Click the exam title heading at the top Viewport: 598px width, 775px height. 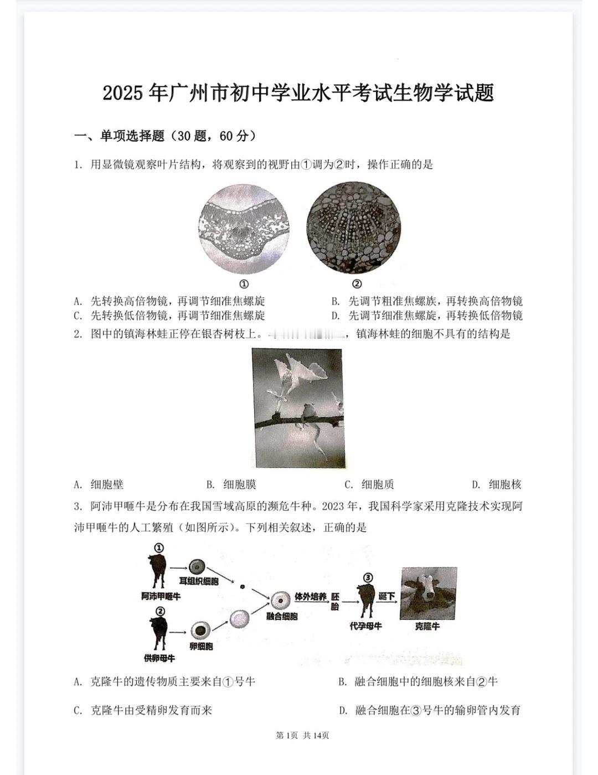point(298,93)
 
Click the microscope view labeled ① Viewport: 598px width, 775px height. point(244,229)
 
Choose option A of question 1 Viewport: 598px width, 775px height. point(169,301)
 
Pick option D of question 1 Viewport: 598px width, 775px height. point(427,316)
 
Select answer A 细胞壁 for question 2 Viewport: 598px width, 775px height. point(99,484)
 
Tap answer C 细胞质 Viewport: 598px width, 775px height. point(369,484)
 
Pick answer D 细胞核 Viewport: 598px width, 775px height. point(497,484)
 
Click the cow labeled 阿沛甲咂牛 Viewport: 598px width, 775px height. point(157,571)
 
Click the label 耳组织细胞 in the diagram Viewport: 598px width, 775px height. point(199,581)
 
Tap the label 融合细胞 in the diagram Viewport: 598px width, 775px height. point(282,616)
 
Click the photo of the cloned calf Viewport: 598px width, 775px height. point(429,593)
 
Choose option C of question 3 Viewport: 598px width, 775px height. point(143,710)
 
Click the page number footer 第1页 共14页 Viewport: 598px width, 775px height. point(302,735)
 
